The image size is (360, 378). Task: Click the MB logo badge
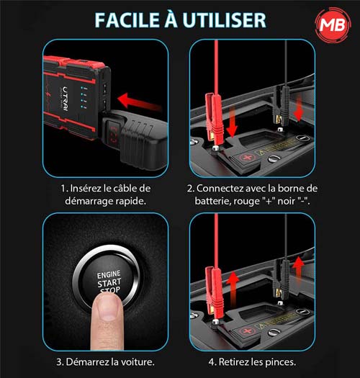pos(333,24)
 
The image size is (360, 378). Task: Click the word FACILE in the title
pos(127,20)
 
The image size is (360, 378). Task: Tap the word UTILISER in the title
pos(225,20)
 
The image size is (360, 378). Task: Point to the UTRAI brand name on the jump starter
pos(66,99)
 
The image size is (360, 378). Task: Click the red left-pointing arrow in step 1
pos(140,102)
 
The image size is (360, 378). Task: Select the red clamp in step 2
pos(213,118)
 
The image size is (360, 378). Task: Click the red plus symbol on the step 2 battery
pos(247,158)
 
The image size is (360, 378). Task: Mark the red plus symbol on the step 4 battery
pos(247,331)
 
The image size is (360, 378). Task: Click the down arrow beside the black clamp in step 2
pos(299,108)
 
